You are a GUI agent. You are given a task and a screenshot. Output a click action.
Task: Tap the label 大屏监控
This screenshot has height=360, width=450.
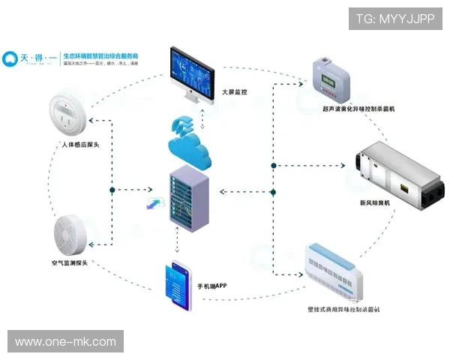235,91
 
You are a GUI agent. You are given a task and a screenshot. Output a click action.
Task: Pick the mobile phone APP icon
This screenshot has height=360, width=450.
176,286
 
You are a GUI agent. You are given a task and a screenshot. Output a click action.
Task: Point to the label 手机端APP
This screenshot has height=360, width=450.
212,286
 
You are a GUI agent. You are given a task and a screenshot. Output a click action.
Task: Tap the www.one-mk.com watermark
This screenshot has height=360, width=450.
66,342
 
